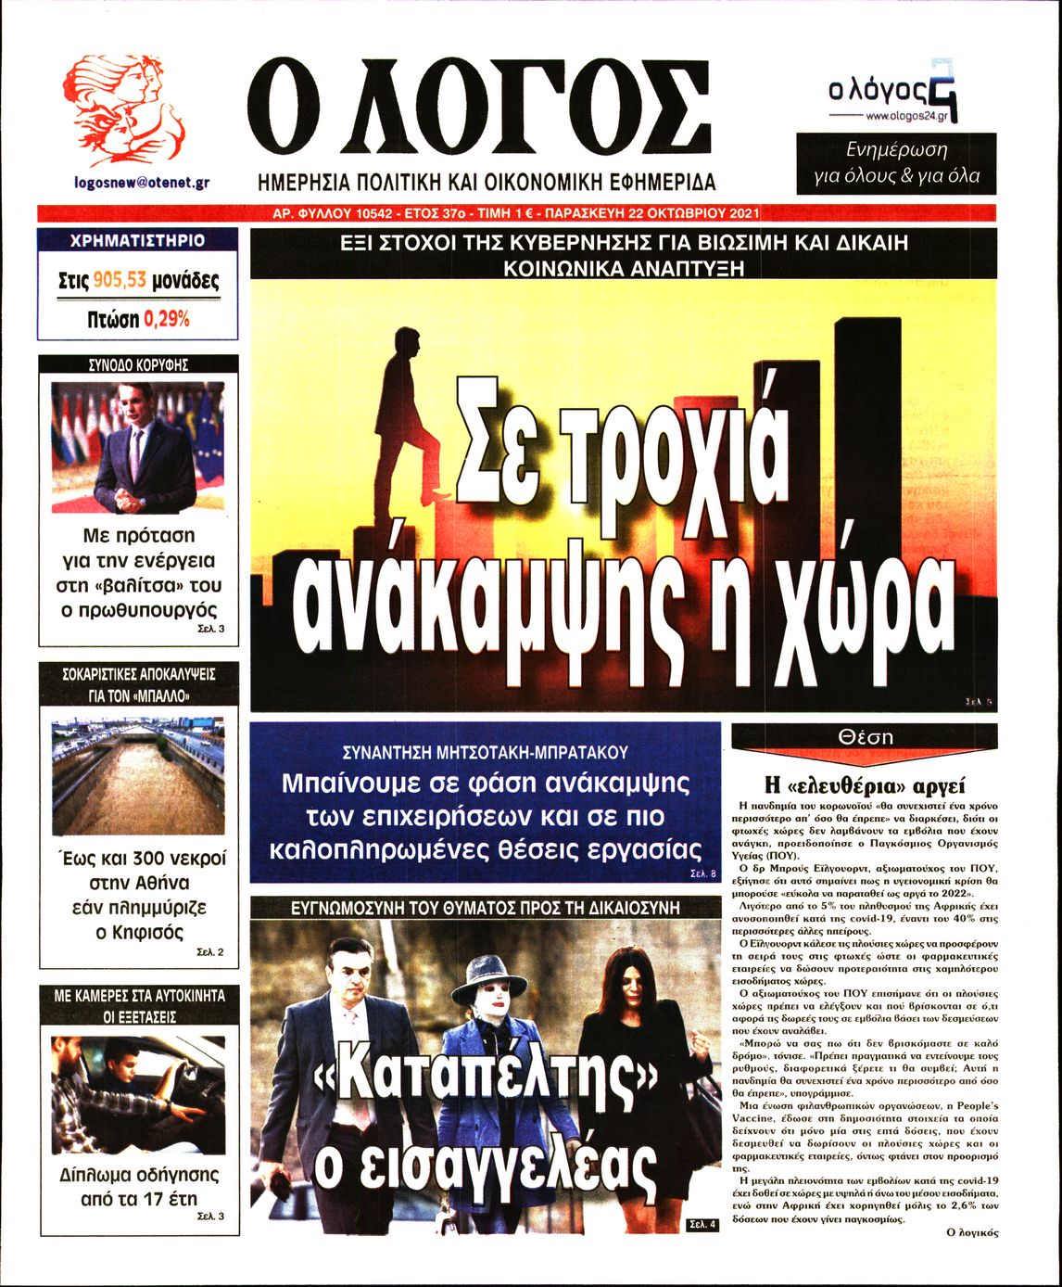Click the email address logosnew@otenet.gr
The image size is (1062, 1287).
tap(141, 183)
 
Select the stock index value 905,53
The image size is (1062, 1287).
tap(120, 281)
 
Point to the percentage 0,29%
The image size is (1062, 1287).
tap(167, 319)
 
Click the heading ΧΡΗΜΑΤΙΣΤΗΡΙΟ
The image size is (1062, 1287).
tap(137, 241)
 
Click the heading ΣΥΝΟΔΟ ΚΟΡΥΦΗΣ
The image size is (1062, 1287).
tap(137, 365)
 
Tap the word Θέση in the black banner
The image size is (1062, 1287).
tap(864, 737)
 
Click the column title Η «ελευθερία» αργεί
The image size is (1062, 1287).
tap(864, 781)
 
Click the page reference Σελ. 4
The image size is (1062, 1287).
tap(702, 1225)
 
